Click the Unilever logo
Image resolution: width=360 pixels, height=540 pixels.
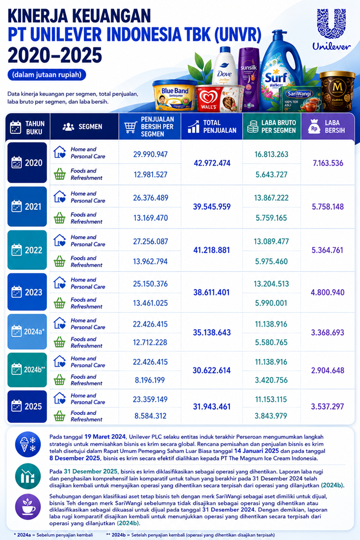[332, 29]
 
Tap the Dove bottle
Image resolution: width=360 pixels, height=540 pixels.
[224, 66]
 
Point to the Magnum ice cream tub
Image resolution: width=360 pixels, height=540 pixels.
[337, 91]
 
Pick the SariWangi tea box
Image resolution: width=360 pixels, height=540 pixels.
[300, 99]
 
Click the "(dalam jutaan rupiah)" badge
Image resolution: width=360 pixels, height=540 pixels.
[47, 74]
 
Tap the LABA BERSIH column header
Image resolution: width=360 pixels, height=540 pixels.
[328, 126]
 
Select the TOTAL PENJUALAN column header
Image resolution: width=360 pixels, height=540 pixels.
[212, 126]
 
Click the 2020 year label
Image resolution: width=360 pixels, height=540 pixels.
[27, 163]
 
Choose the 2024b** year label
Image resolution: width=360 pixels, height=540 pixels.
[27, 370]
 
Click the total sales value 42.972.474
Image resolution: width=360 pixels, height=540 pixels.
[212, 163]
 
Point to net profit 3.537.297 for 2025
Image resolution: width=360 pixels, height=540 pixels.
[327, 406]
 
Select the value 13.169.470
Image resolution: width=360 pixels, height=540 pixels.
[150, 218]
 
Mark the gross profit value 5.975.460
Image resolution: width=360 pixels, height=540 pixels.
[271, 261]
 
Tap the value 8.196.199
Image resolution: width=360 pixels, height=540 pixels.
[150, 380]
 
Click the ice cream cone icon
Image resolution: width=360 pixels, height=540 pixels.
[28, 444]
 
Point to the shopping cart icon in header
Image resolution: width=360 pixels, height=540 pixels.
[131, 127]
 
